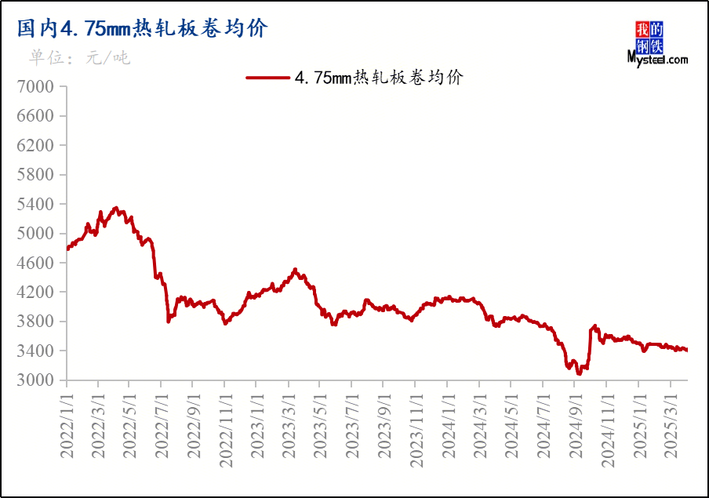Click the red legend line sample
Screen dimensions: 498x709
(268, 78)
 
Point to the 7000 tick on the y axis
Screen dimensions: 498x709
(36, 86)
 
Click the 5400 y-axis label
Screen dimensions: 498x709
(36, 204)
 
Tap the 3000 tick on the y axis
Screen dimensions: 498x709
(36, 380)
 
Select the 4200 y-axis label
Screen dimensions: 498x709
(36, 292)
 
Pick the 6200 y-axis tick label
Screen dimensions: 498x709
(36, 145)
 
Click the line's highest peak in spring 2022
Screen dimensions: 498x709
(116, 208)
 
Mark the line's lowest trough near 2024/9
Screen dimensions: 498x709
(579, 374)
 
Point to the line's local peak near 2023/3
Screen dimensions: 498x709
(295, 269)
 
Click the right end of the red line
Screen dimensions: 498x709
(687, 351)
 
